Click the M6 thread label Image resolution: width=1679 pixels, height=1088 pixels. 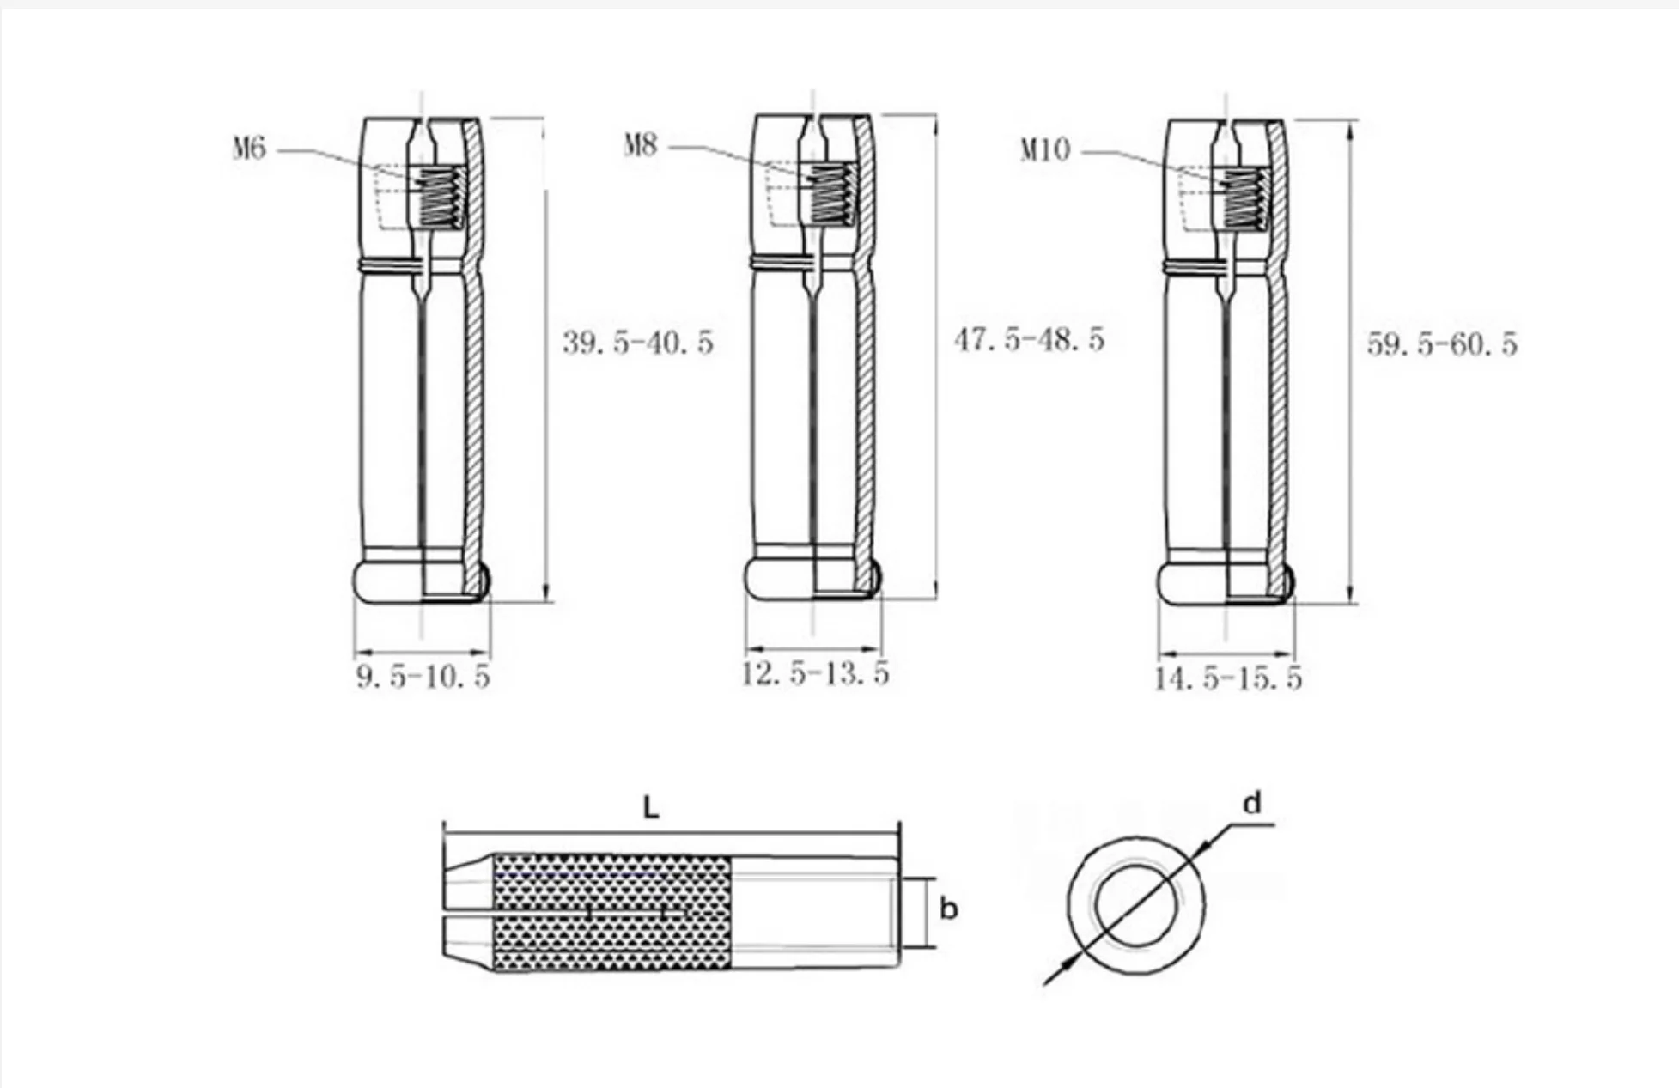point(250,149)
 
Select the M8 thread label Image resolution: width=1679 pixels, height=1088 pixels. point(641,145)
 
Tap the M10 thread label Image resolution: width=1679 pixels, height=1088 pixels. point(1045,150)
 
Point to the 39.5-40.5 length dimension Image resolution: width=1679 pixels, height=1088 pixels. point(638,343)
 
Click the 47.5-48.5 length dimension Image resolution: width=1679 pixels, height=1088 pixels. point(1029,340)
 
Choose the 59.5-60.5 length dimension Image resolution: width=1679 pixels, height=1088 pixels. point(1442,344)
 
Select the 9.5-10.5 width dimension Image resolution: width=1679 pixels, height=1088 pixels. point(423,677)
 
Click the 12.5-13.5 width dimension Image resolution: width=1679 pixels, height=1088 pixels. point(814,674)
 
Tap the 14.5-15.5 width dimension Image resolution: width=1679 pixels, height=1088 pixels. point(1227,679)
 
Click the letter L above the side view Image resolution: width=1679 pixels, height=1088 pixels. point(651,807)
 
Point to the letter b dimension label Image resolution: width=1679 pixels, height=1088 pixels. point(948,909)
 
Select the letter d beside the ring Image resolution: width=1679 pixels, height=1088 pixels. point(1253,804)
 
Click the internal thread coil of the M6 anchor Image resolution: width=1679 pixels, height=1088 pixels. point(440,198)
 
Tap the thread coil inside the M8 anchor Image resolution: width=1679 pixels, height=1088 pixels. point(830,195)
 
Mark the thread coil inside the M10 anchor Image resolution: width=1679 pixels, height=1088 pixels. point(1245,199)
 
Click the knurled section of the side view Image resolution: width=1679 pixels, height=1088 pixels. point(611,912)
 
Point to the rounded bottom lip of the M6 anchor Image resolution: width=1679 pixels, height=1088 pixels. point(421,582)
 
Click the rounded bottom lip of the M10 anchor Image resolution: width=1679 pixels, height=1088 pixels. point(1225,584)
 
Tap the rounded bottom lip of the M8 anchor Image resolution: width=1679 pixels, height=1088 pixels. point(812,580)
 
